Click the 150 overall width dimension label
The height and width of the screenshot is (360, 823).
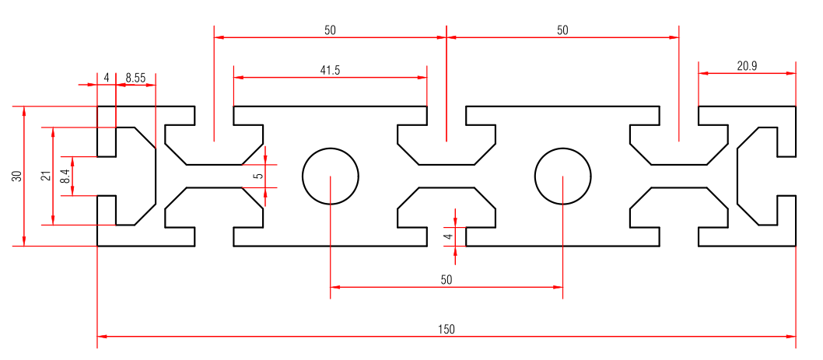(x=446, y=329)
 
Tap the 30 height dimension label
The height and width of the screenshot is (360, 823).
(x=16, y=176)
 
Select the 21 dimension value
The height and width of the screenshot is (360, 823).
(x=45, y=176)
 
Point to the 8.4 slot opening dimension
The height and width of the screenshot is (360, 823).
(x=65, y=176)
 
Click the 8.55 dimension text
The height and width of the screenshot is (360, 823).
(x=135, y=78)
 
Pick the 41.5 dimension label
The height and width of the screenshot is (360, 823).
(x=330, y=70)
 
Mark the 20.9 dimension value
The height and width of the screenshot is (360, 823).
(x=747, y=66)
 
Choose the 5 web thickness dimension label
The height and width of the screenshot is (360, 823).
(x=258, y=176)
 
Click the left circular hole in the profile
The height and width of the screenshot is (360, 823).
(x=330, y=176)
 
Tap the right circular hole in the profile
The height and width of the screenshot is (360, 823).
(x=562, y=176)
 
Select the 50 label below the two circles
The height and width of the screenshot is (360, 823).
(x=446, y=278)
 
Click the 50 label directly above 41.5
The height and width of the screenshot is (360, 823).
(x=330, y=30)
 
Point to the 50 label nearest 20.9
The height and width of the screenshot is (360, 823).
(x=562, y=30)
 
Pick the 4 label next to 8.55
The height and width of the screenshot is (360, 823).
(x=107, y=78)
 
